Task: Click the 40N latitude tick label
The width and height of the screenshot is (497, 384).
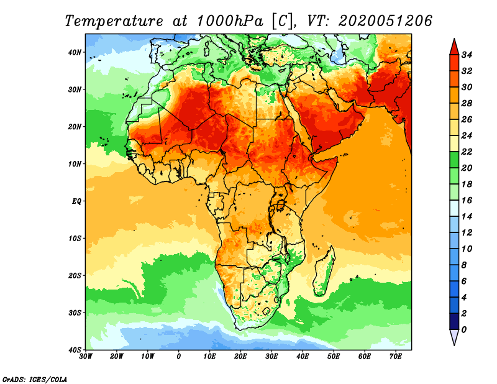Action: (x=75, y=52)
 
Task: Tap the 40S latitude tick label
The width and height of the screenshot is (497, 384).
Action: (x=75, y=350)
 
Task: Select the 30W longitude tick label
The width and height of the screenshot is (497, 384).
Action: (x=86, y=357)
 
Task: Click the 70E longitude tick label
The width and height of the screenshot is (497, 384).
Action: (x=396, y=357)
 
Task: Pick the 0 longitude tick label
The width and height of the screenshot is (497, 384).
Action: (x=179, y=357)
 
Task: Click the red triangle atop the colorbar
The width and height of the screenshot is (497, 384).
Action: (x=454, y=46)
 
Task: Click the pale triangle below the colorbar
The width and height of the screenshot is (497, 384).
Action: (x=454, y=337)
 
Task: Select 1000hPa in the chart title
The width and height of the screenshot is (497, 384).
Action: (x=229, y=21)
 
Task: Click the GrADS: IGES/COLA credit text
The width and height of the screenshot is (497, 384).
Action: (x=35, y=378)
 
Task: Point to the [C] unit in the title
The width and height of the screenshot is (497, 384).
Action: (x=281, y=21)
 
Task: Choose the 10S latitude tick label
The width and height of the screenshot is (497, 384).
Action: (x=75, y=239)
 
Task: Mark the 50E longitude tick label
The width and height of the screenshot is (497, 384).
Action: (x=334, y=357)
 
